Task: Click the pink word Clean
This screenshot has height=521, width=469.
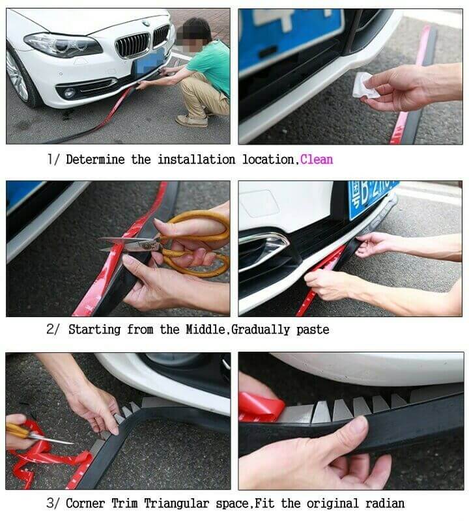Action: coord(317,159)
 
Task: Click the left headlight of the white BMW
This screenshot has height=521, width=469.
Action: coord(61,44)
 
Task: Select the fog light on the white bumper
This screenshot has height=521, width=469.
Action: coord(69,92)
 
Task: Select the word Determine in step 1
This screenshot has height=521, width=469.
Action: coord(95,159)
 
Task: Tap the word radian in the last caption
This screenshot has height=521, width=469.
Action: coord(384,503)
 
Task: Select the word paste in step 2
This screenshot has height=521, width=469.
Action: coord(313,330)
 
